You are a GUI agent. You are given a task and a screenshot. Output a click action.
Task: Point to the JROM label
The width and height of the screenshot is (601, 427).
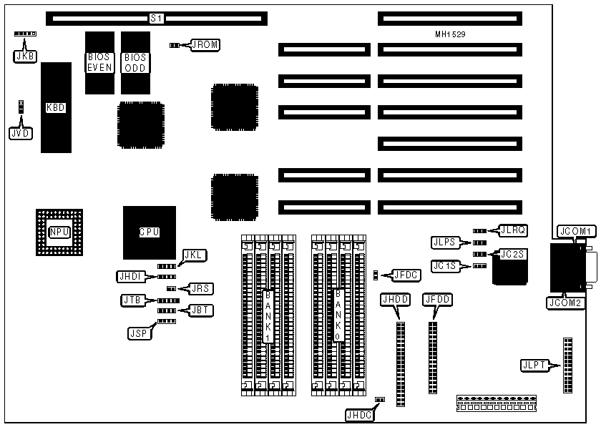(205, 45)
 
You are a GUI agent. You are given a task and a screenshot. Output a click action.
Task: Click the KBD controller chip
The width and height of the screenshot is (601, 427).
(56, 107)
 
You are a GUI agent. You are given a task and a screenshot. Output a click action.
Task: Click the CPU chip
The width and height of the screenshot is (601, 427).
(149, 232)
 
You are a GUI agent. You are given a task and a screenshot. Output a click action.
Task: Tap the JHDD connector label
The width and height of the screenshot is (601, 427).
(396, 300)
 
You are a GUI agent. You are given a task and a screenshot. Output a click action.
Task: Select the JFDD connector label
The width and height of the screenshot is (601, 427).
(436, 300)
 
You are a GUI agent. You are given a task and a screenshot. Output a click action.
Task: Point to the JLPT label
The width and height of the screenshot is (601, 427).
(534, 365)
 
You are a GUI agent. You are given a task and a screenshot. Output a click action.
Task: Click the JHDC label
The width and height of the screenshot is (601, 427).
(359, 413)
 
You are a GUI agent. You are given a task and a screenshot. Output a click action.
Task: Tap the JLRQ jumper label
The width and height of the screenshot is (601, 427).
(512, 230)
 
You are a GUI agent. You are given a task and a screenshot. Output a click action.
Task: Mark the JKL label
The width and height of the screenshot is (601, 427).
(195, 255)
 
